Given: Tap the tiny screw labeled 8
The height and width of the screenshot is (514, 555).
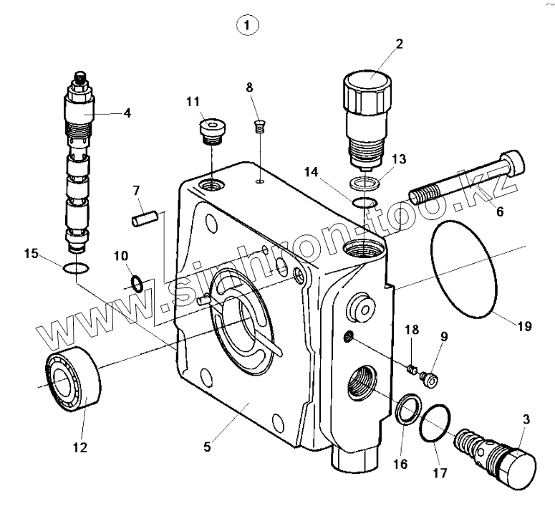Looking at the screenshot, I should coord(260,128).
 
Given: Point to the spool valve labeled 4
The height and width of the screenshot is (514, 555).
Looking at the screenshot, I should coord(79,165).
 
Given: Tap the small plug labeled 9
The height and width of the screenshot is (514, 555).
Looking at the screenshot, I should coord(430,378).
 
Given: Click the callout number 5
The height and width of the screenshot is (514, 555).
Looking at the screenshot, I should coord(207,447).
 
